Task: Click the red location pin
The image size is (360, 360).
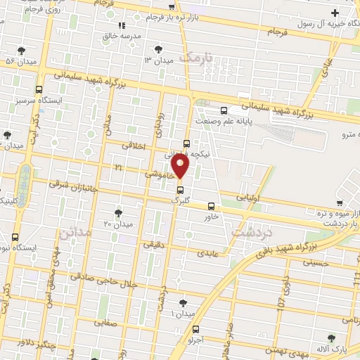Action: (181, 167)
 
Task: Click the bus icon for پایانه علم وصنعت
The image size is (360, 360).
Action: (224, 110)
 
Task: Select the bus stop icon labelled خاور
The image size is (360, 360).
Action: (211, 207)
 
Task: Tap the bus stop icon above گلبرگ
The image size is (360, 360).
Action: (181, 190)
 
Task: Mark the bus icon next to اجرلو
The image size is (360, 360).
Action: (195, 329)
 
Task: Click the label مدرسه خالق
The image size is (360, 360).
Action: (133, 35)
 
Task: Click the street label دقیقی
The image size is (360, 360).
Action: (153, 245)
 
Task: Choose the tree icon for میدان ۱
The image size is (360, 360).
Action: (183, 303)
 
